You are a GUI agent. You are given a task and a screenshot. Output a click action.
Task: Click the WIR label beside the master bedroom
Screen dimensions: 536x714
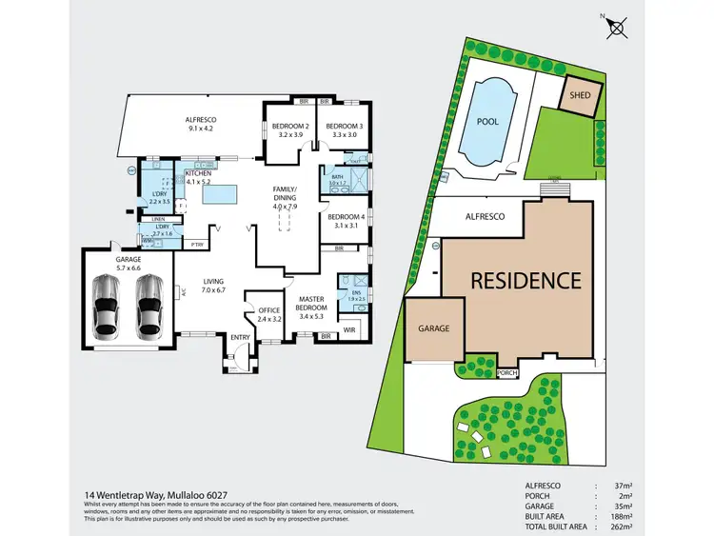348,330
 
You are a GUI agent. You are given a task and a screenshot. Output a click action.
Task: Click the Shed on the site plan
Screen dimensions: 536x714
580,95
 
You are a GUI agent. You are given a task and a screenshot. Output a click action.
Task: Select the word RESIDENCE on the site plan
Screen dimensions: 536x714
525,281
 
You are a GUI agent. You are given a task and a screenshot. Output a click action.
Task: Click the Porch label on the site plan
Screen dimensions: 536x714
507,372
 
